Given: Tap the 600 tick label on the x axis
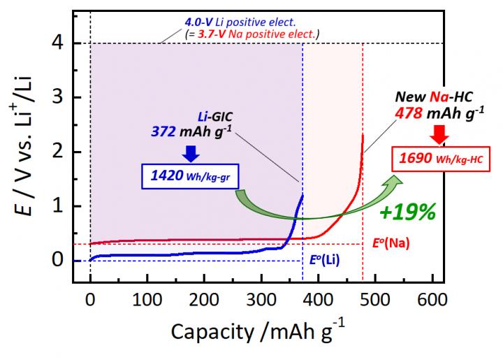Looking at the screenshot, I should click(432, 299).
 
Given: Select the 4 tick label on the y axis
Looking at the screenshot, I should click(59, 43).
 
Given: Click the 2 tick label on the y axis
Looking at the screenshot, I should click(59, 152).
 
